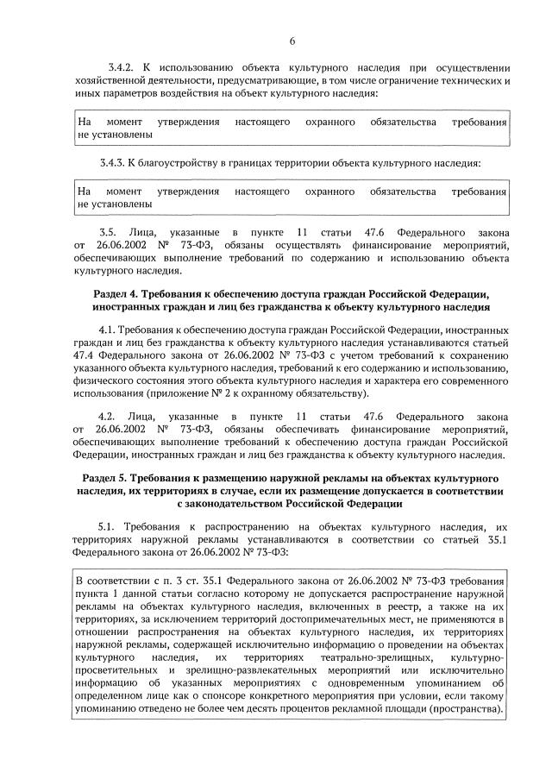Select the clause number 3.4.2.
coord(113,67)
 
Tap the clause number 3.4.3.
coord(113,163)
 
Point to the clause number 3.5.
coord(108,233)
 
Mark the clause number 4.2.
coord(108,414)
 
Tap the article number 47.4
coord(90,356)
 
